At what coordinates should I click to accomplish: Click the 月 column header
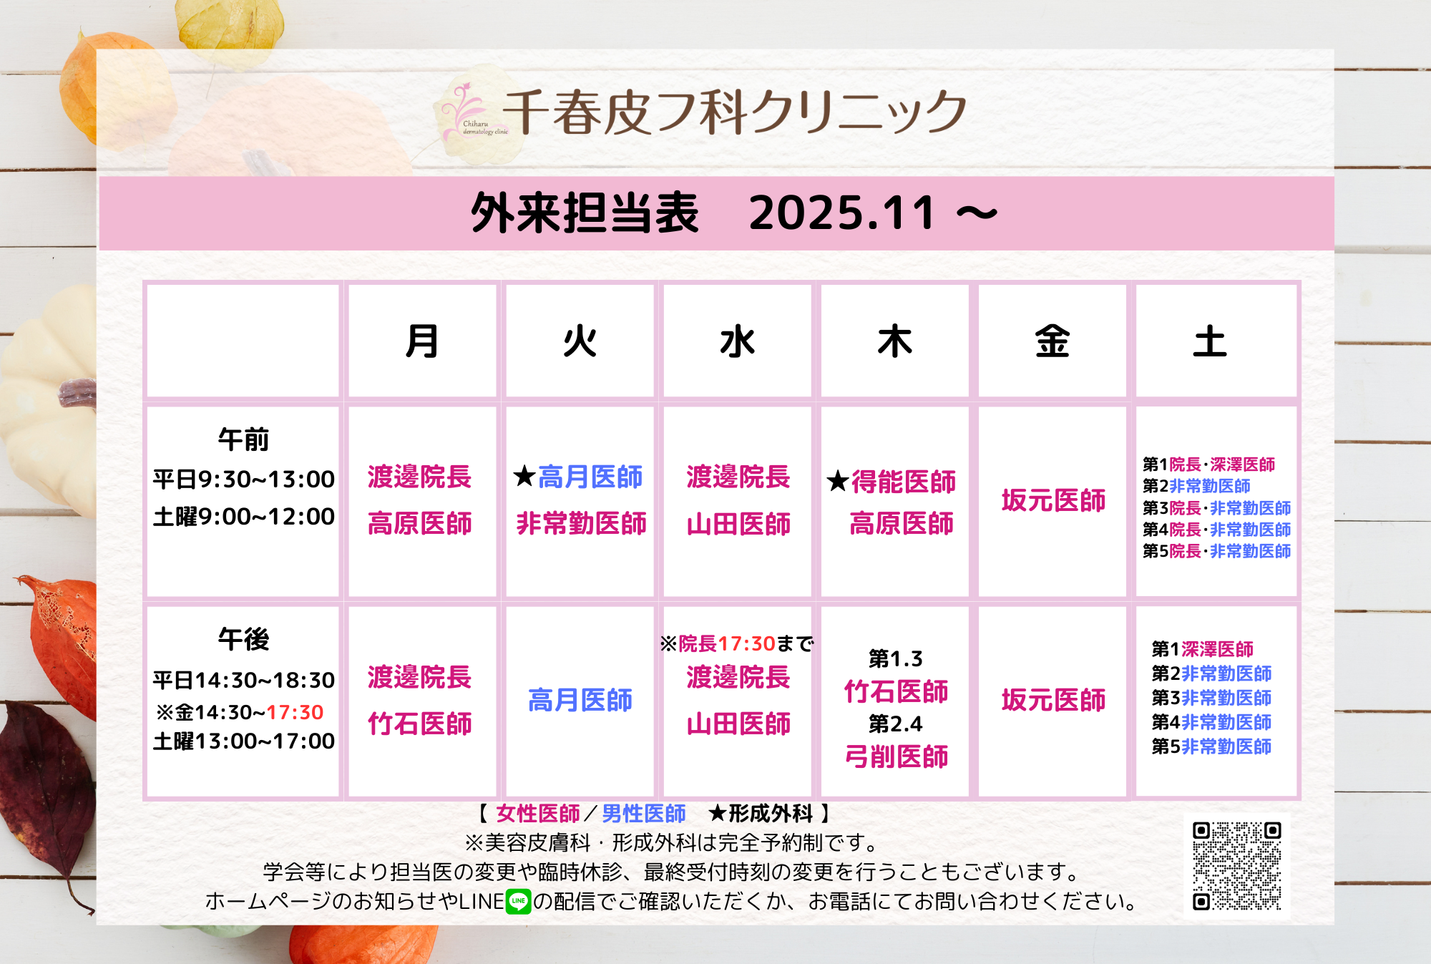point(421,341)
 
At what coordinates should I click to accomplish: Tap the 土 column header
point(1209,341)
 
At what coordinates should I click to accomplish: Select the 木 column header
point(894,341)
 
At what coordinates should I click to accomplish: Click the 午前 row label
point(243,439)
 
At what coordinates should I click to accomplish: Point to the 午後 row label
point(243,639)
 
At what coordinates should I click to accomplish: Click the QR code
point(1236,866)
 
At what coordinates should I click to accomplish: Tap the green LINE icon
point(518,901)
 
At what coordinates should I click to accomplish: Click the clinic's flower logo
point(465,112)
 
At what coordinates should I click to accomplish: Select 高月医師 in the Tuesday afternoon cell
point(580,700)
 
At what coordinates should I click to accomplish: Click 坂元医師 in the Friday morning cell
point(1053,500)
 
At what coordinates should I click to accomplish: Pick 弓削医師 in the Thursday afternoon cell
point(897,756)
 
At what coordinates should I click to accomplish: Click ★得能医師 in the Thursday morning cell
point(892,482)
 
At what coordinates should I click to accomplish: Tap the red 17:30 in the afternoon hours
point(295,712)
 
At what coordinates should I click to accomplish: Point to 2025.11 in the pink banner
point(842,213)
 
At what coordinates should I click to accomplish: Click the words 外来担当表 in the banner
point(585,213)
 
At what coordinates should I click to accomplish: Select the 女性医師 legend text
point(538,814)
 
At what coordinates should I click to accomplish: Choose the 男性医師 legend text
point(644,814)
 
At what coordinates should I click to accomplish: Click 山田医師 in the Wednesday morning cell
point(738,524)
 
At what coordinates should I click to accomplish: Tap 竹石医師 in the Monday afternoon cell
point(420,724)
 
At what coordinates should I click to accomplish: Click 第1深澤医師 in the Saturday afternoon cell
point(1203,649)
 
